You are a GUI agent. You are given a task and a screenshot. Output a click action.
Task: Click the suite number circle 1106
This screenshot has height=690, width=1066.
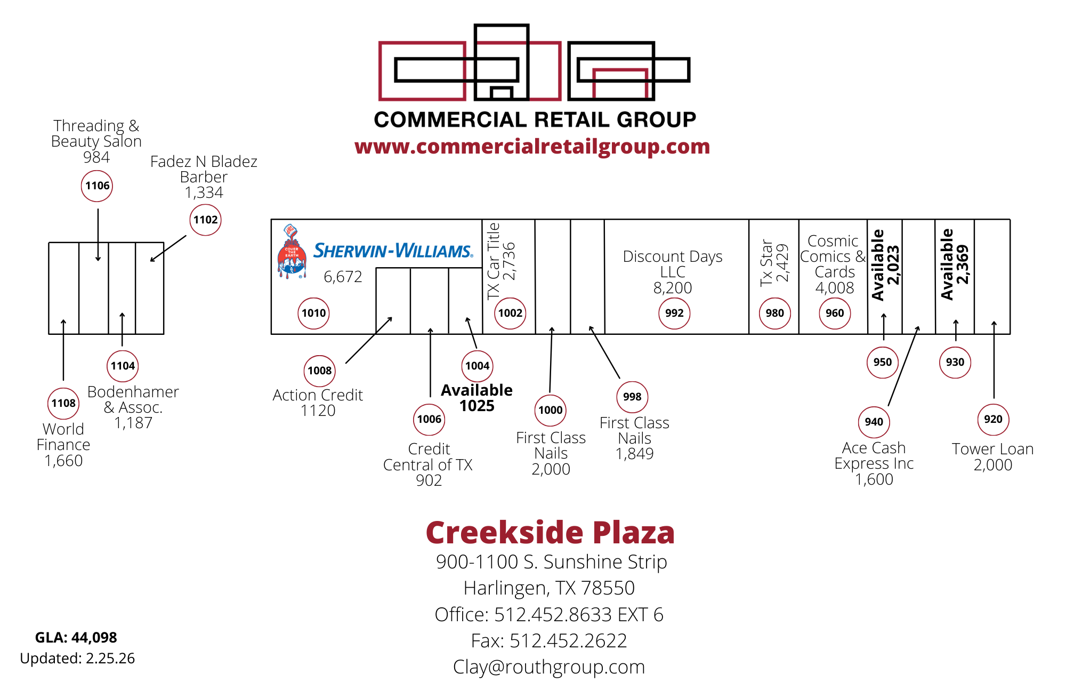click(x=97, y=186)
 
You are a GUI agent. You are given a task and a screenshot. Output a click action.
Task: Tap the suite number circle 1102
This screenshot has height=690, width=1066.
click(x=205, y=220)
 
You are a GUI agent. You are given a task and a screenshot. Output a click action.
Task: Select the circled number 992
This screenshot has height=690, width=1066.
click(x=674, y=314)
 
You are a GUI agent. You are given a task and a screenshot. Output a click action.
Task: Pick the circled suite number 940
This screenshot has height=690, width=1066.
click(x=874, y=422)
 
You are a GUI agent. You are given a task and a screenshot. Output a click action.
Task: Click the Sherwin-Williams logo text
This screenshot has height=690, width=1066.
click(x=393, y=251)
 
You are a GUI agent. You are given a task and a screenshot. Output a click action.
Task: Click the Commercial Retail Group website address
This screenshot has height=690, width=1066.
click(x=532, y=147)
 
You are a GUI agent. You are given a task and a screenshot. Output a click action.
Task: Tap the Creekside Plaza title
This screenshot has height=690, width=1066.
click(x=550, y=533)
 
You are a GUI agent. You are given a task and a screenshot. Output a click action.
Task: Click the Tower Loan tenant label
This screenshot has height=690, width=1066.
click(x=992, y=456)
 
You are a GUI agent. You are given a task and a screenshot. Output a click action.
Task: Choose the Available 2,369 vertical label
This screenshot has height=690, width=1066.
click(x=955, y=264)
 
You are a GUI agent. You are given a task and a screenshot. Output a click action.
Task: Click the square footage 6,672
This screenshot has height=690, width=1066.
click(x=343, y=277)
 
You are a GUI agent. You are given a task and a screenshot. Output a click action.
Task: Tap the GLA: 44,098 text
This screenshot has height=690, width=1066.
click(x=76, y=638)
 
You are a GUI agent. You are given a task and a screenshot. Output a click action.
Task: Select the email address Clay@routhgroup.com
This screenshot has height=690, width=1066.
click(x=549, y=667)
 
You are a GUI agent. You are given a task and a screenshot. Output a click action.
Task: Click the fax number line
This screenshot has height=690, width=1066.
click(x=549, y=641)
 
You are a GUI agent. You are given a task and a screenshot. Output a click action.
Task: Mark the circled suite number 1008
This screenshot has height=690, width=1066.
click(x=320, y=371)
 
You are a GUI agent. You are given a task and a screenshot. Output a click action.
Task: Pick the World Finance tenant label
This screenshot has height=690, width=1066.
click(x=63, y=445)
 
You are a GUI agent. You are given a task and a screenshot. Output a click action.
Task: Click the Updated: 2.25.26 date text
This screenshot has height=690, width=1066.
click(x=77, y=659)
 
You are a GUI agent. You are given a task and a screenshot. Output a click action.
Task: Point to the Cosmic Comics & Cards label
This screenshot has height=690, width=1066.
click(x=834, y=264)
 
